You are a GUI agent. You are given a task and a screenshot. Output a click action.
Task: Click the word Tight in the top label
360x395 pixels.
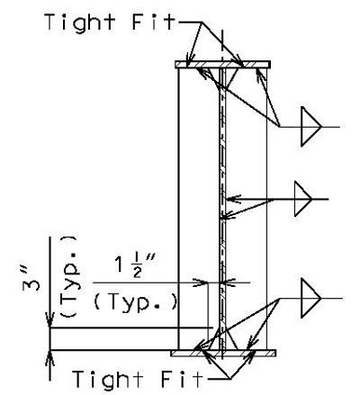(x=80, y=22)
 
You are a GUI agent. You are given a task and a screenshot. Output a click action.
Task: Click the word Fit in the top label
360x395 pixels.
(x=154, y=22)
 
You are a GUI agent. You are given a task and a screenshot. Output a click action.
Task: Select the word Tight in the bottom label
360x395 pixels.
(x=107, y=380)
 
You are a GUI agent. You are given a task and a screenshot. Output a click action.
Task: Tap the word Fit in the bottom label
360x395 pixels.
(x=182, y=379)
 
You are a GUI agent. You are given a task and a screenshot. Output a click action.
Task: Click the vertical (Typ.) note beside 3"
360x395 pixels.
(x=68, y=276)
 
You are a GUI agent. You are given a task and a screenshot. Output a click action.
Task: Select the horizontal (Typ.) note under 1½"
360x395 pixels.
(x=135, y=302)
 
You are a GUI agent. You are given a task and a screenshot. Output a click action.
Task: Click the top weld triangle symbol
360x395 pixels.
(x=311, y=127)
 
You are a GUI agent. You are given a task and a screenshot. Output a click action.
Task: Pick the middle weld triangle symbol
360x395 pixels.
(x=303, y=199)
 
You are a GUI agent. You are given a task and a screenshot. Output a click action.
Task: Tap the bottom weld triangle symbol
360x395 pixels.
(x=311, y=298)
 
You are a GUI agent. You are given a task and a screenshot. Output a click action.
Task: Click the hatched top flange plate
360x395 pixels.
(x=223, y=65)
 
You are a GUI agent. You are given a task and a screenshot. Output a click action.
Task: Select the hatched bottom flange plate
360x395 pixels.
(x=223, y=353)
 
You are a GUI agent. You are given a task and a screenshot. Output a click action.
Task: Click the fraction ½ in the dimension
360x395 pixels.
(x=137, y=268)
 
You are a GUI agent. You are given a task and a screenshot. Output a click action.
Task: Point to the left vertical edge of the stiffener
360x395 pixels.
(x=178, y=209)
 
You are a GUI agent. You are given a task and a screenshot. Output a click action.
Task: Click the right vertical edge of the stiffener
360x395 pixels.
(x=266, y=209)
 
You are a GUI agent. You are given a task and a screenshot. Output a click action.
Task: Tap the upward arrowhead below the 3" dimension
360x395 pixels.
(x=49, y=358)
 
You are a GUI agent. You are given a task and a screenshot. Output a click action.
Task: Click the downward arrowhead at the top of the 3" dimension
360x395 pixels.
(x=49, y=320)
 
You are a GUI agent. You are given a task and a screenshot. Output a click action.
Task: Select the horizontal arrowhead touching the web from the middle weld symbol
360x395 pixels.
(x=233, y=199)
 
